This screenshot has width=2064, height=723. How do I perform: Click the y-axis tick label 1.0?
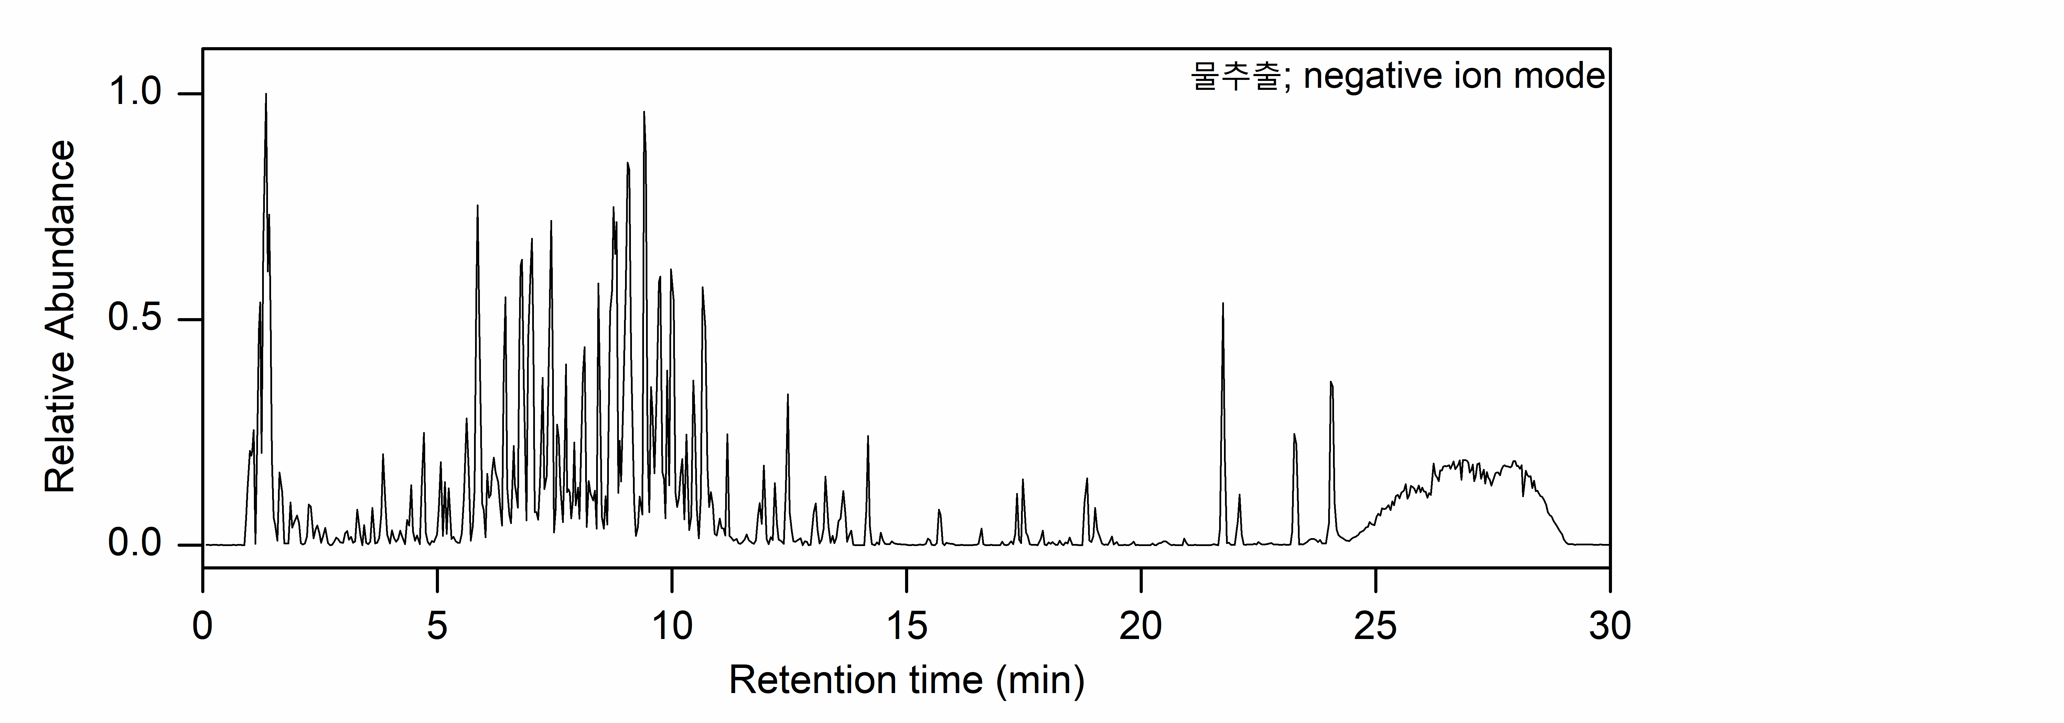(135, 93)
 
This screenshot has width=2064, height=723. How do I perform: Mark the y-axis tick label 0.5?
(135, 319)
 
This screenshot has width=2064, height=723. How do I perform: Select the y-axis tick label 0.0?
(135, 544)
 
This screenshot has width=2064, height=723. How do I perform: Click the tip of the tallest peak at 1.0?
(266, 95)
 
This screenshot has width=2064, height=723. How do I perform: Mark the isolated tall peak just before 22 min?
(1223, 304)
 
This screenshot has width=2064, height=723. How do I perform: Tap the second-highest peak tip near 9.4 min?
(644, 113)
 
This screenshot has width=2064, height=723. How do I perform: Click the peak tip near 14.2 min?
(868, 437)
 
